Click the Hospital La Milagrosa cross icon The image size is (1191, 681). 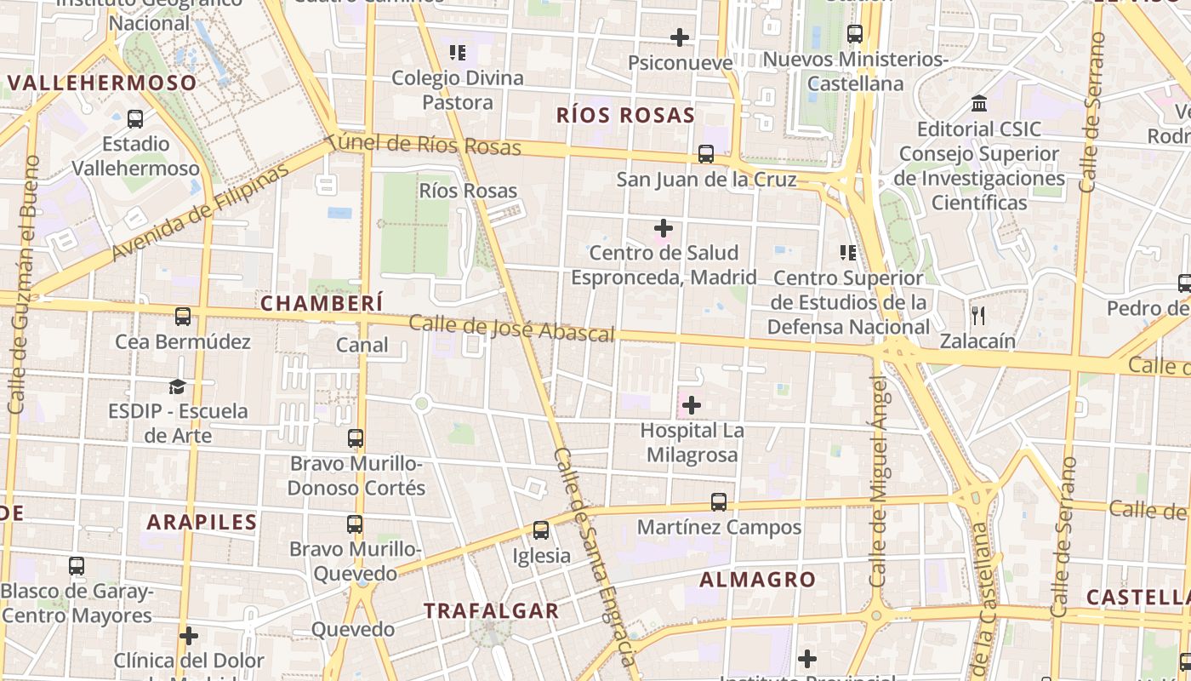click(692, 405)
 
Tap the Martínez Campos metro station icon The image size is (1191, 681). click(719, 502)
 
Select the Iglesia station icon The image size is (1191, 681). click(540, 530)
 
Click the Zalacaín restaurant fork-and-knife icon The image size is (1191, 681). click(978, 316)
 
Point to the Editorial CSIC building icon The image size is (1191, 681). click(979, 104)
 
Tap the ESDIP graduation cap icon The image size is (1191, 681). click(177, 386)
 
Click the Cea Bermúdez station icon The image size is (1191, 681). click(183, 317)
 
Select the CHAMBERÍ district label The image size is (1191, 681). click(322, 303)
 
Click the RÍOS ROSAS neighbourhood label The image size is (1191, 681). click(625, 116)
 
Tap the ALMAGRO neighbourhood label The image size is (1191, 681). click(757, 580)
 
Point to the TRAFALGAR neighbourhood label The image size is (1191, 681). click(492, 610)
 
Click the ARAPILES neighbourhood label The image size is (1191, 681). click(202, 522)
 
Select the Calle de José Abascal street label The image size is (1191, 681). click(511, 328)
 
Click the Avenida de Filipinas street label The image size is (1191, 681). click(201, 211)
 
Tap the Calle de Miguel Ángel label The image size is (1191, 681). click(879, 481)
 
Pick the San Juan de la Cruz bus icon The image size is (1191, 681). click(706, 154)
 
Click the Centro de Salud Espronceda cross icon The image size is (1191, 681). click(663, 228)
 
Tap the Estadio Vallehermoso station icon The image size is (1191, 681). click(134, 119)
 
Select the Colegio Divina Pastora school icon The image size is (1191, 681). click(458, 53)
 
